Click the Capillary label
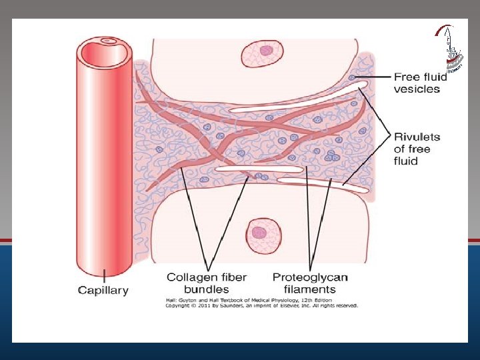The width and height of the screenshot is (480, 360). click(103, 290)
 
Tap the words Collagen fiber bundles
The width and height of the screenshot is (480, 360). click(207, 283)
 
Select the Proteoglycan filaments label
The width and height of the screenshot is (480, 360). click(310, 283)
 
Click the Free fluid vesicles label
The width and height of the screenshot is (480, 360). click(420, 83)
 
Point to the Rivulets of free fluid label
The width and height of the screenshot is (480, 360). click(417, 149)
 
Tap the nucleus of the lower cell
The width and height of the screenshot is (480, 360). click(259, 233)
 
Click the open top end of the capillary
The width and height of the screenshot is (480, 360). click(107, 42)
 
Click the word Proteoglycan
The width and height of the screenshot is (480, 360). click(310, 277)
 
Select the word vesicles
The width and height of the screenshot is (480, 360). click(417, 89)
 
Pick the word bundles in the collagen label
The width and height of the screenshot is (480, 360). click(207, 289)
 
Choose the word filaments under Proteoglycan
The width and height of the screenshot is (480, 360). click(310, 289)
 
